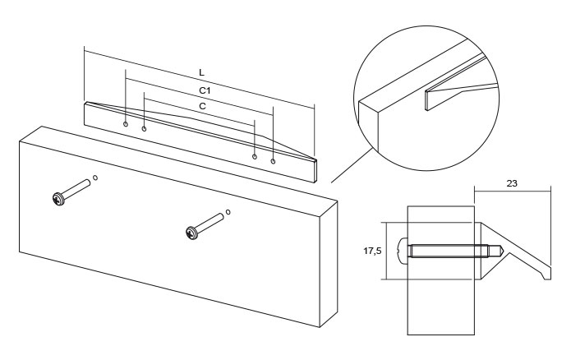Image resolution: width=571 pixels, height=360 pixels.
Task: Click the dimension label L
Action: (201, 74)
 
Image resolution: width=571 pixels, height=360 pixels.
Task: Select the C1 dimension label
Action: (206, 90)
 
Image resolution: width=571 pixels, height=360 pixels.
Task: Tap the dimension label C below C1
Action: (203, 106)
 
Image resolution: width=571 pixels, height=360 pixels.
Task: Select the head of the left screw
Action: (58, 199)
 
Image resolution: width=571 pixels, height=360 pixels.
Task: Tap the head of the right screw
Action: (192, 234)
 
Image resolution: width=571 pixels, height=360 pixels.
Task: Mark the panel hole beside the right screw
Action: (228, 211)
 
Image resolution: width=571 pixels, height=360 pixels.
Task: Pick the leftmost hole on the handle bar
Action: (126, 124)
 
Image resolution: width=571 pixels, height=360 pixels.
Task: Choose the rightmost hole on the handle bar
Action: (273, 161)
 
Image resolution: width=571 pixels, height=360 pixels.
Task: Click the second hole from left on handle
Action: (145, 129)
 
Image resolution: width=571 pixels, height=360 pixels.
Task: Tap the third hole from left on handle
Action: (255, 156)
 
